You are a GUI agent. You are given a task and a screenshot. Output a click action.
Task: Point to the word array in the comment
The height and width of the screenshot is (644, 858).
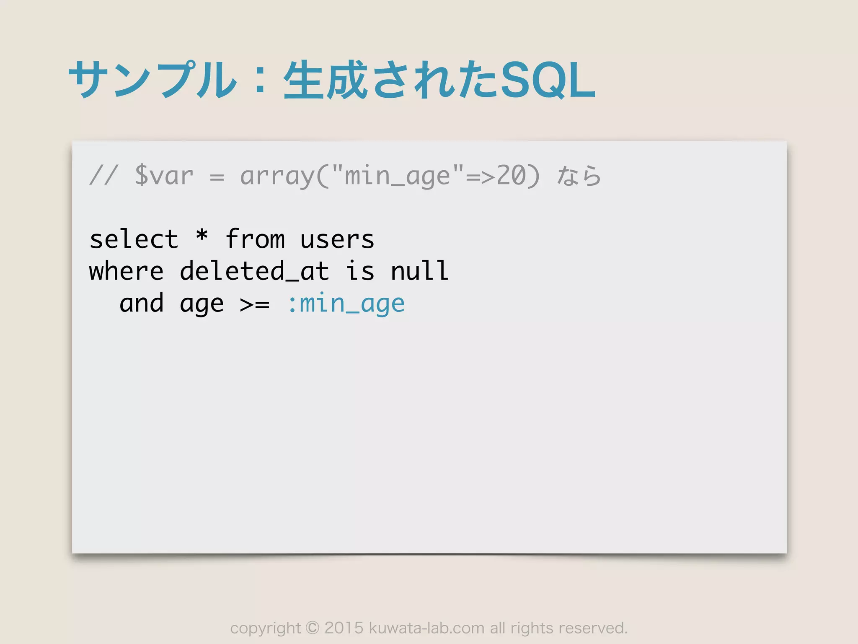click(x=277, y=176)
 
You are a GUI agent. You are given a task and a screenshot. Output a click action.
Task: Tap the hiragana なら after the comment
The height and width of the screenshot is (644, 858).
click(x=579, y=176)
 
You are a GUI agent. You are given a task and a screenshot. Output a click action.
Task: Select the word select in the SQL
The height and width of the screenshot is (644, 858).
click(x=134, y=239)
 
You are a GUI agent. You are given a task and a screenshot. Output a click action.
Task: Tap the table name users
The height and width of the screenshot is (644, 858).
click(x=337, y=240)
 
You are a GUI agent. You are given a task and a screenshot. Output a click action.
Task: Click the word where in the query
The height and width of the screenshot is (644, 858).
click(x=126, y=271)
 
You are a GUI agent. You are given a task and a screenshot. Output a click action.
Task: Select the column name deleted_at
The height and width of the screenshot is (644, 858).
click(x=254, y=271)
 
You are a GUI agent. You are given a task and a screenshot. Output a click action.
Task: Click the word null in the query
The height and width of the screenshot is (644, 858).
click(x=419, y=271)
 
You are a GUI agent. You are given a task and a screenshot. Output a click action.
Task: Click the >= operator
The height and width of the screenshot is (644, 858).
click(x=255, y=304)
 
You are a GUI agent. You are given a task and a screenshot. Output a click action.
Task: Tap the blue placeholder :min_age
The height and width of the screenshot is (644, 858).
click(x=346, y=304)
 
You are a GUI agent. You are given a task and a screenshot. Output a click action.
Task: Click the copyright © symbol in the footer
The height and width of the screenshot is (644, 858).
click(x=313, y=628)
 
